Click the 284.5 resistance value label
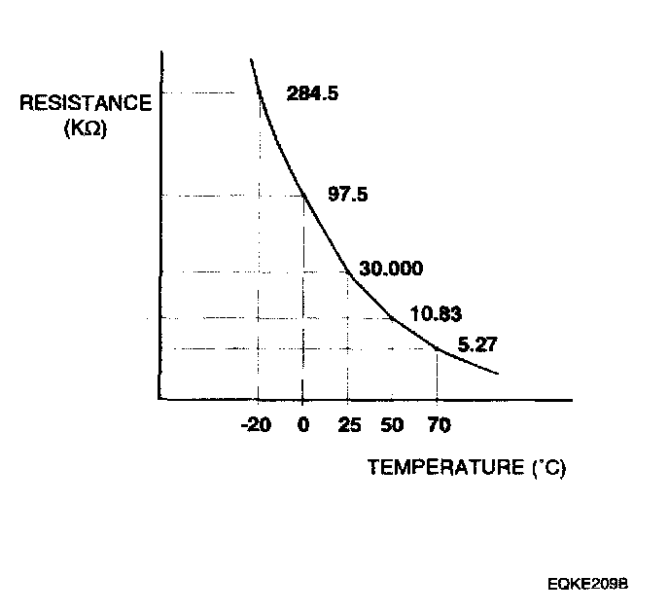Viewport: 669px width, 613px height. tap(312, 93)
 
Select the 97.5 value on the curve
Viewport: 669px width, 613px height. tap(347, 194)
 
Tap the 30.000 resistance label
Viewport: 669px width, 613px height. tap(391, 269)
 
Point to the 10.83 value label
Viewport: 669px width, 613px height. tap(436, 314)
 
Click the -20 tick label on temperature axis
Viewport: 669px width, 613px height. tap(257, 425)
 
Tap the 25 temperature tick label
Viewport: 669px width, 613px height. tap(346, 425)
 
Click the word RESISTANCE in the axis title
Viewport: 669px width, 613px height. tap(86, 103)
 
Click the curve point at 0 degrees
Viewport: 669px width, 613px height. tap(303, 195)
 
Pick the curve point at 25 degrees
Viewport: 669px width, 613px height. tap(347, 271)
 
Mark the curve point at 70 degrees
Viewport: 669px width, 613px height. tap(437, 348)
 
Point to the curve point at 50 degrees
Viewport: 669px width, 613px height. tap(391, 318)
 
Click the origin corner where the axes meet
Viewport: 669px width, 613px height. tap(158, 399)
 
